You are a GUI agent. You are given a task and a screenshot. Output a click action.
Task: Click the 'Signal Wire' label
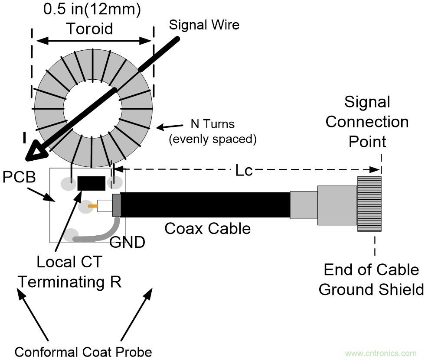(204, 25)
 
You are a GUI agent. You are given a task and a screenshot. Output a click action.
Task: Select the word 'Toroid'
(89, 29)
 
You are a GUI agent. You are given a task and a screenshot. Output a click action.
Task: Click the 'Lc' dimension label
(244, 171)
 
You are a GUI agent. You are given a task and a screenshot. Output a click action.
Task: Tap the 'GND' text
(127, 243)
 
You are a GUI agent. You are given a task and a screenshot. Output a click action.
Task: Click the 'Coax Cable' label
(207, 228)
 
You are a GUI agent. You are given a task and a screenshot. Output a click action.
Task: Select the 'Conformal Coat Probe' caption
(83, 351)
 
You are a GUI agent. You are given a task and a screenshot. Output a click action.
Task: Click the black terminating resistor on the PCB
(92, 183)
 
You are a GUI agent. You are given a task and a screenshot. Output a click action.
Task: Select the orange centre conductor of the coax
(92, 206)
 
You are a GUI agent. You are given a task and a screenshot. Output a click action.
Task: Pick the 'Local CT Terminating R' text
(70, 272)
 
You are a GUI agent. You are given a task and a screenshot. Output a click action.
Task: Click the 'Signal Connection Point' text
(367, 122)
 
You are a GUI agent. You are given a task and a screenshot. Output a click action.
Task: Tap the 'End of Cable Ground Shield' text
(371, 280)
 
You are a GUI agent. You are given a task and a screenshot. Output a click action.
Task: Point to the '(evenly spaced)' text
(212, 139)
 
